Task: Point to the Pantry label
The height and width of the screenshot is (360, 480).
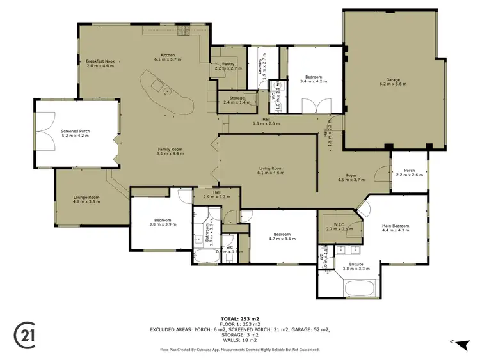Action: tap(228, 65)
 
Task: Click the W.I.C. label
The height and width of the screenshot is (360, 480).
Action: tap(339, 226)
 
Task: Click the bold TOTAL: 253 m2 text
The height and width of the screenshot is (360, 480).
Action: tap(239, 318)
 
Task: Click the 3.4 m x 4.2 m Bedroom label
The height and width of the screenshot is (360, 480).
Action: tap(313, 79)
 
